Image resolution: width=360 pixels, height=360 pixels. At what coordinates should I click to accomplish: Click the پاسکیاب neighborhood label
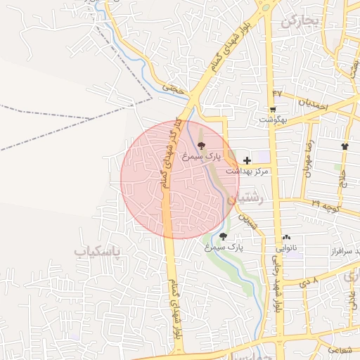pos(97,251)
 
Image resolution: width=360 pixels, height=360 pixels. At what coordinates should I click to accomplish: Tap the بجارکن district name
pos(300,22)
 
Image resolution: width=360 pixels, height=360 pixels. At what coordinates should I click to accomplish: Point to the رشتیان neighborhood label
pos(251,200)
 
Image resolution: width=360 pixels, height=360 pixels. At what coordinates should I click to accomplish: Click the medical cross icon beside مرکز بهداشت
pos(247,161)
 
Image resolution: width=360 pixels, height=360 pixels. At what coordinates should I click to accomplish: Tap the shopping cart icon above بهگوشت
pos(272,109)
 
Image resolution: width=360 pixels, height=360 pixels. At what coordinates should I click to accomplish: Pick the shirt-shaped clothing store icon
pos(345,146)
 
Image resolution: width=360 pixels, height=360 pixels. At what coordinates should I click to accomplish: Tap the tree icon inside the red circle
pos(202,146)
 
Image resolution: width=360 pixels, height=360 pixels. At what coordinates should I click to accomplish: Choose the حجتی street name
pos(172,89)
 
